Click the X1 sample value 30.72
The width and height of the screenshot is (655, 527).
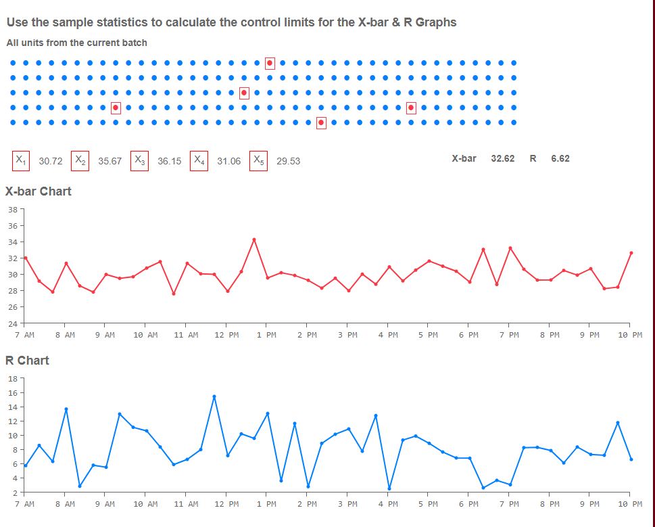pyautogui.click(x=51, y=161)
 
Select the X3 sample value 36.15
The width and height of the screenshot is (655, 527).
pyautogui.click(x=169, y=161)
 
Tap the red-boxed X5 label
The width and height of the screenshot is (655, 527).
pyautogui.click(x=259, y=160)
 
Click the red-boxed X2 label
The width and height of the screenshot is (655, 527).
pyautogui.click(x=80, y=160)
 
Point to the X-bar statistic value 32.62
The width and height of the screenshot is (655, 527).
pyautogui.click(x=502, y=158)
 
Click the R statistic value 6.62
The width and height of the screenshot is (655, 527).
pyautogui.click(x=560, y=158)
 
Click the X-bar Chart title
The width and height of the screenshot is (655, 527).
pyautogui.click(x=39, y=191)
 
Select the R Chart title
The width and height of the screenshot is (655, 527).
pyautogui.click(x=27, y=361)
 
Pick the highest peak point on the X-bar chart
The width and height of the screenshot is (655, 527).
pyautogui.click(x=254, y=239)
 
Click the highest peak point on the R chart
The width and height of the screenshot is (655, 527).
pyautogui.click(x=214, y=396)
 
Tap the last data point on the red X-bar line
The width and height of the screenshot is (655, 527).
pyautogui.click(x=631, y=253)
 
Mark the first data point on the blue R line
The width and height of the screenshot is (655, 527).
pyautogui.click(x=25, y=465)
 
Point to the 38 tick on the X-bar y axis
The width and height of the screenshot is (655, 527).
pyautogui.click(x=13, y=210)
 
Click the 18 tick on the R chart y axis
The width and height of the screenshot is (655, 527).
pyautogui.click(x=13, y=379)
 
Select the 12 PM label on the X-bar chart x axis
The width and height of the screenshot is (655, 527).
pyautogui.click(x=226, y=335)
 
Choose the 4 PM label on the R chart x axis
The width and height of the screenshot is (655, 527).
pyautogui.click(x=388, y=504)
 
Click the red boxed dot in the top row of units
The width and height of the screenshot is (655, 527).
pyautogui.click(x=270, y=63)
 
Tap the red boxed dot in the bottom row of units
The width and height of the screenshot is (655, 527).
pyautogui.click(x=321, y=122)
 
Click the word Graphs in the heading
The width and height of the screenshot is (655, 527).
pyautogui.click(x=436, y=22)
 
